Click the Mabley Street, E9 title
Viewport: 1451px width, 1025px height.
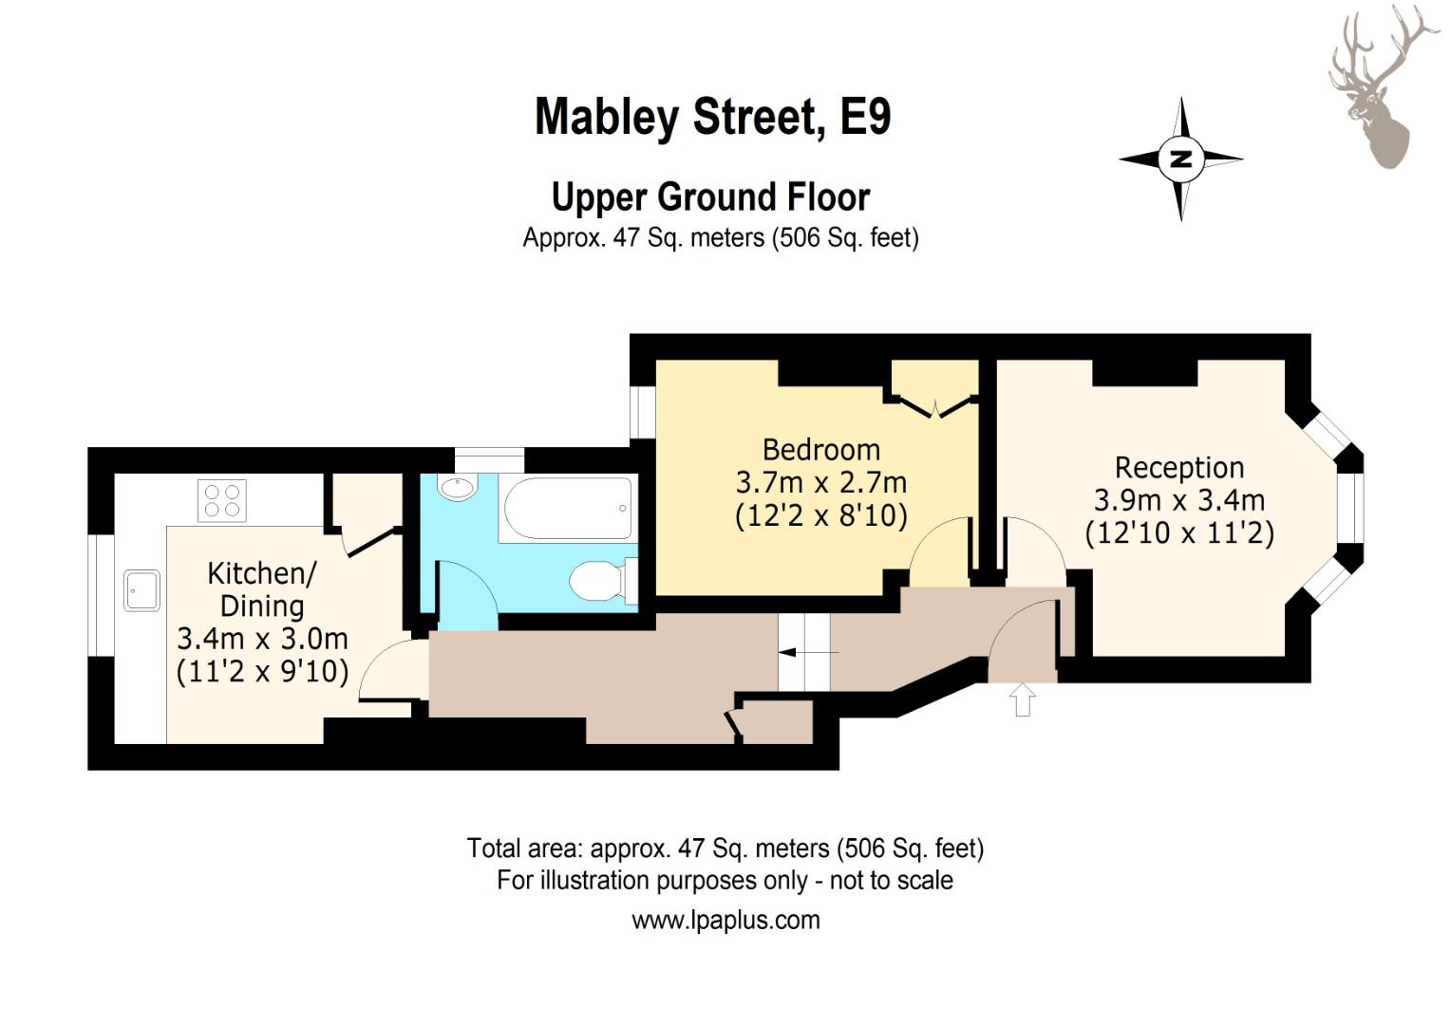712,117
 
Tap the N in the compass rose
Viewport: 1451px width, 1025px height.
1181,158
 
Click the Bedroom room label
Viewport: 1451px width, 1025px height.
820,449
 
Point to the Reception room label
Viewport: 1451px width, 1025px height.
1179,468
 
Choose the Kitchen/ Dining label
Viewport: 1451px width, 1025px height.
262,589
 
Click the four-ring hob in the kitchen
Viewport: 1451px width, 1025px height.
221,500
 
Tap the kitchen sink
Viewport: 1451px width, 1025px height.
141,590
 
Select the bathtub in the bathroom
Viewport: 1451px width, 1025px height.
568,509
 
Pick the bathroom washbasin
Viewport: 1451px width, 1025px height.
458,488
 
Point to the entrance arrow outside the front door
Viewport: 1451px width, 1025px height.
1022,700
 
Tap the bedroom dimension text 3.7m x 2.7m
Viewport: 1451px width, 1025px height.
820,482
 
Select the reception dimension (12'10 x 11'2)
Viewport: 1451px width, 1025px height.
1179,533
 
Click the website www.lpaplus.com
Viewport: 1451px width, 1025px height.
725,920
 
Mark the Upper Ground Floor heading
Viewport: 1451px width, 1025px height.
710,196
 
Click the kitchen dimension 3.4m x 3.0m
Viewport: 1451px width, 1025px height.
262,639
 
